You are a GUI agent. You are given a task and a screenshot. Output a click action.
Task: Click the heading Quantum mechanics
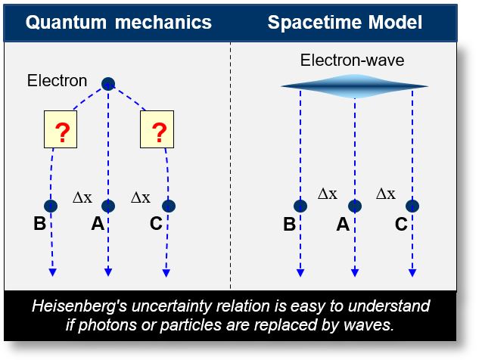coord(118,22)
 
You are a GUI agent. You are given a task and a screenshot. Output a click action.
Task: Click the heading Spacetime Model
coord(344,22)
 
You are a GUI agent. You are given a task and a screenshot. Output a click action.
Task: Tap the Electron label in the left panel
coord(58,80)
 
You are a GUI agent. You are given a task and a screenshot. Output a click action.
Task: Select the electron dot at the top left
coord(108,83)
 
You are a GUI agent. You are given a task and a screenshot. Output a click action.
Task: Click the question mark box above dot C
coord(159,134)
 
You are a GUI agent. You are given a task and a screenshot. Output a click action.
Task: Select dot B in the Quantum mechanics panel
coord(51,206)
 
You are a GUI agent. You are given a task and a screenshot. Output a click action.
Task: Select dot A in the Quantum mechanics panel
coord(108,206)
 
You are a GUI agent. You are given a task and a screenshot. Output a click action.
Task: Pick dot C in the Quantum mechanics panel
coord(168,206)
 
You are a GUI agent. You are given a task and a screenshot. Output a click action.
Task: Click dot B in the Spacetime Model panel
coord(300,206)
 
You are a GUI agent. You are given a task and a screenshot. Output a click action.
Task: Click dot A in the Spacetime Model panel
coord(355,206)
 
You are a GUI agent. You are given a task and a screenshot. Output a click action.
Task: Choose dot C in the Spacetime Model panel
coord(412,206)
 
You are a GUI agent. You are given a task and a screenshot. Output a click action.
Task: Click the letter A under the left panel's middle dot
coord(97,225)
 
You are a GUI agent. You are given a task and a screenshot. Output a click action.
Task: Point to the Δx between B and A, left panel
coord(82,198)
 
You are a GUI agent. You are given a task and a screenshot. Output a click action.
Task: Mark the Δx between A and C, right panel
coord(386,194)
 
